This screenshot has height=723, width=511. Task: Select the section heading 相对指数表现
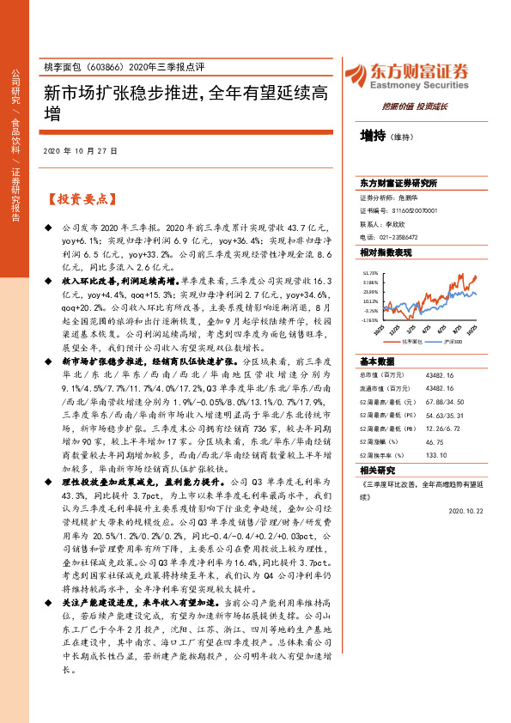point(386,253)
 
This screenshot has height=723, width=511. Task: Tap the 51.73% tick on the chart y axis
point(370,272)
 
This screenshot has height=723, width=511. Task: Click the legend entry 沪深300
point(454,341)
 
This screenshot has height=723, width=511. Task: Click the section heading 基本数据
point(377,361)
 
